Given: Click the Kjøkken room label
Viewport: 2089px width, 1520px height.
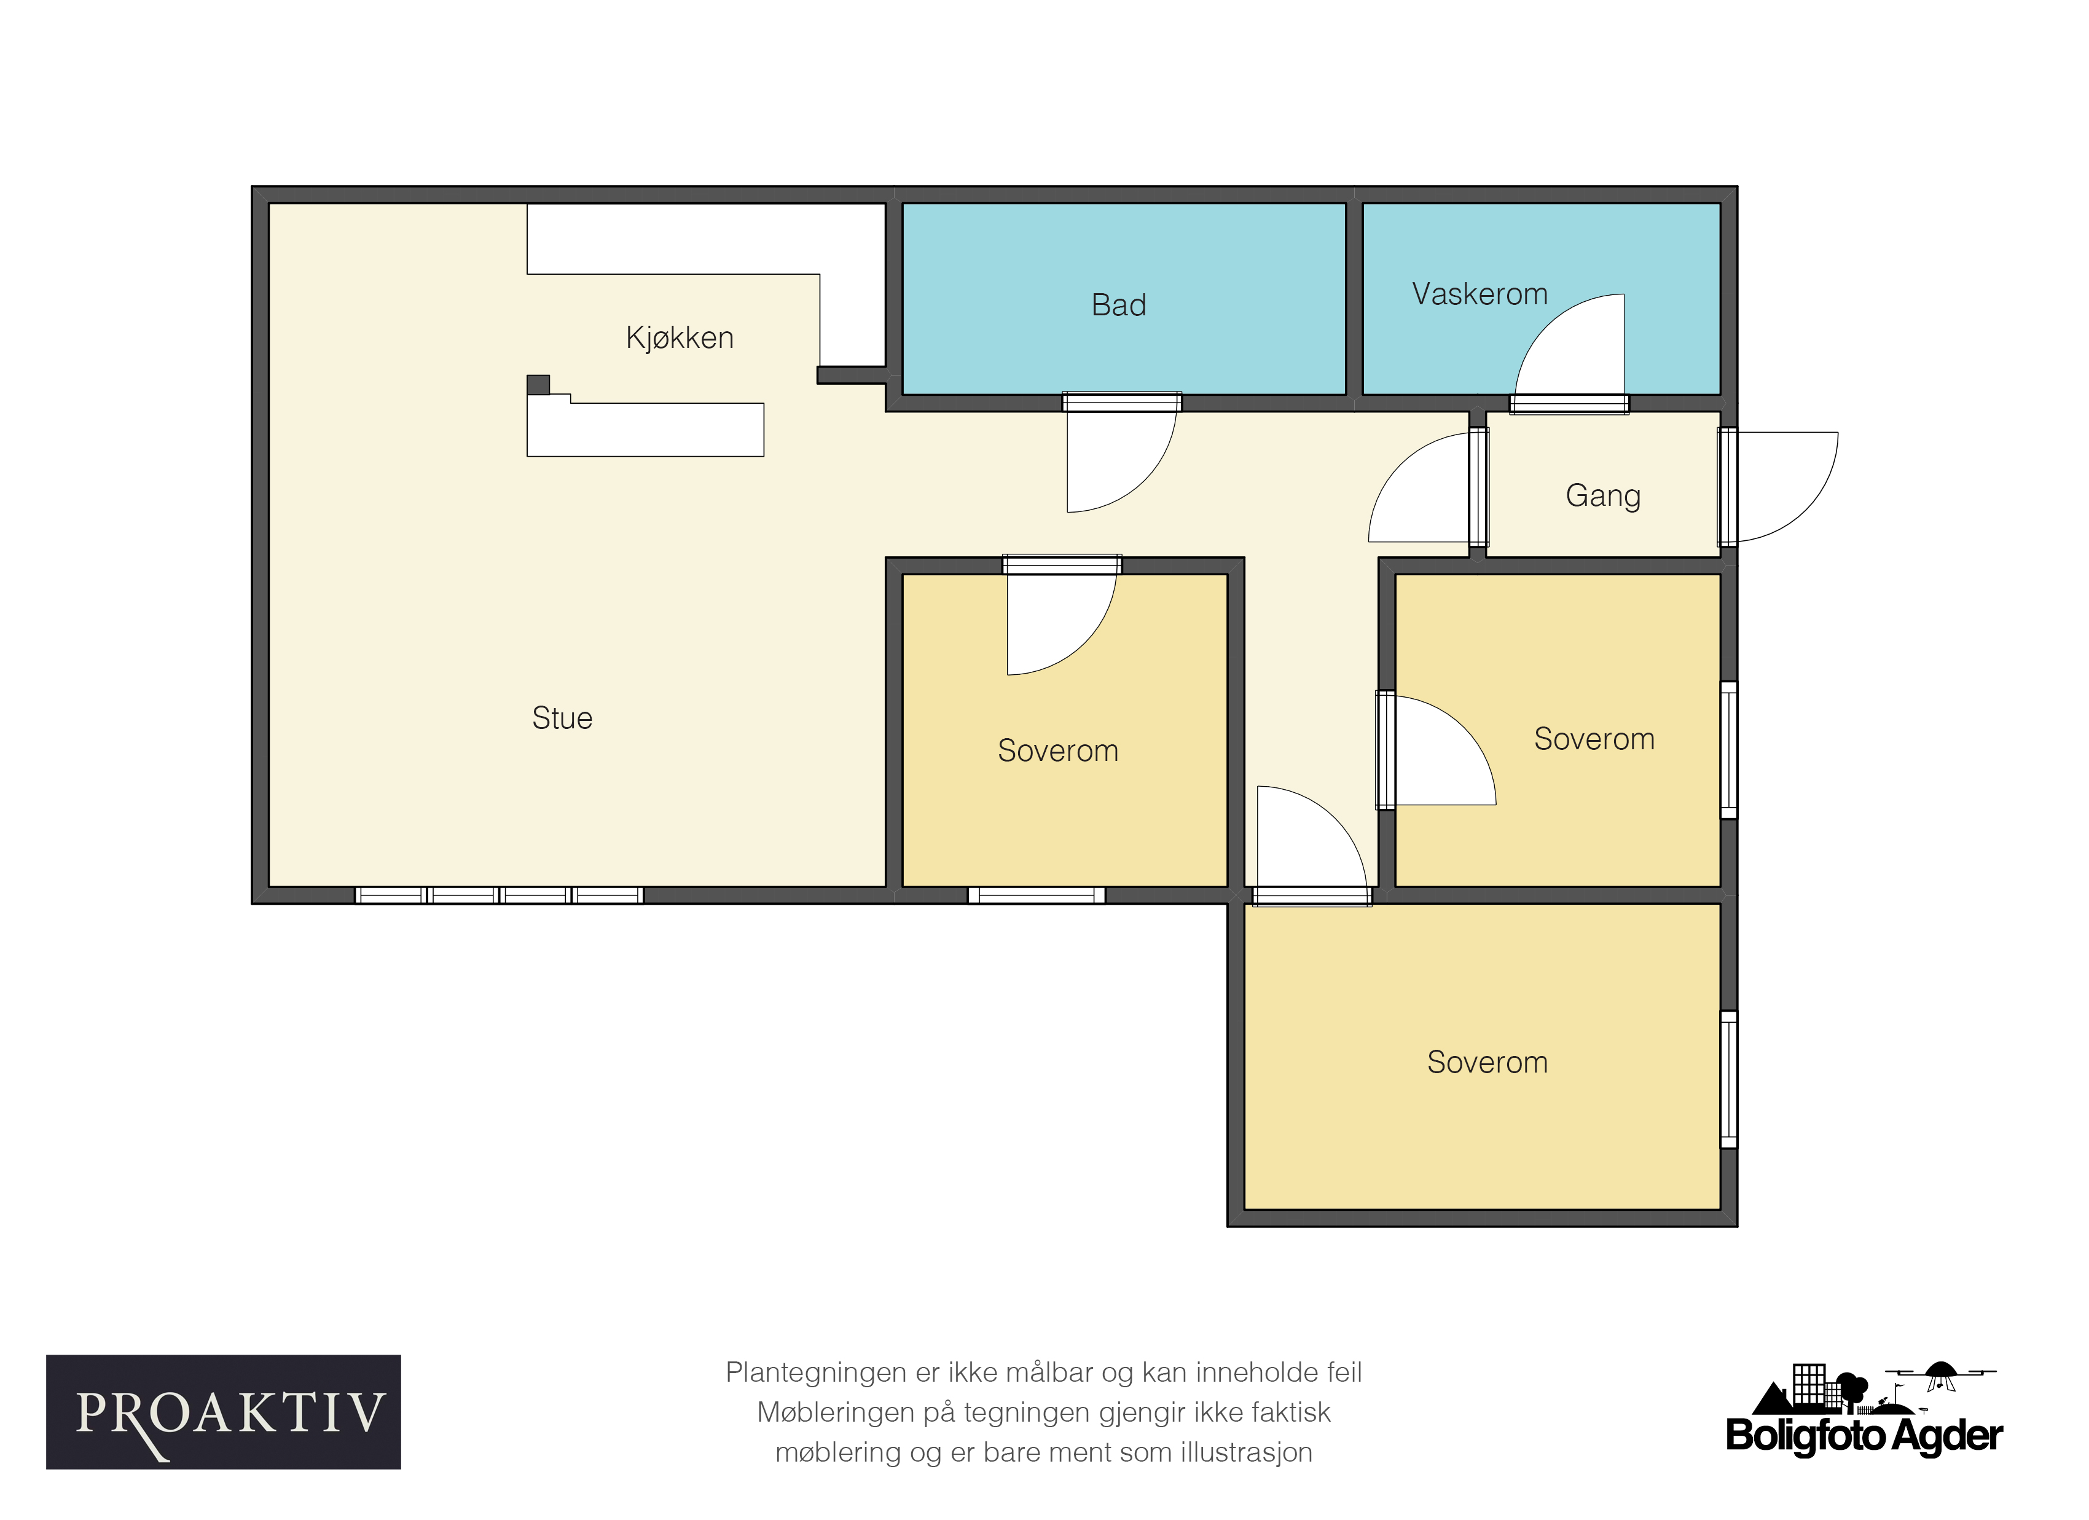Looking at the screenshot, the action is [x=680, y=338].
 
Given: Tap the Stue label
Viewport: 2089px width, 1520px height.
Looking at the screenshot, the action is [x=562, y=719].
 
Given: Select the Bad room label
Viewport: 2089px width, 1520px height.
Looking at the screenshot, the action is [x=1119, y=305].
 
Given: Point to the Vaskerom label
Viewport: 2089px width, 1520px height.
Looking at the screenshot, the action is [x=1480, y=294].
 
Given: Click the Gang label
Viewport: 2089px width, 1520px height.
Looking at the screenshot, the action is [x=1602, y=495].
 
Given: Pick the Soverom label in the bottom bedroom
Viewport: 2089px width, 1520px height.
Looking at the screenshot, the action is [x=1487, y=1062].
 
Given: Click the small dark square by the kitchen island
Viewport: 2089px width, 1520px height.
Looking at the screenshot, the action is [x=538, y=384].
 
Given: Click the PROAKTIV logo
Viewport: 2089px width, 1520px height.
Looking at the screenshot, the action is [x=224, y=1411].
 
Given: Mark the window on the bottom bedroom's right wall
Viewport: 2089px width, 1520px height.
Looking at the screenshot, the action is [x=1729, y=1080].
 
